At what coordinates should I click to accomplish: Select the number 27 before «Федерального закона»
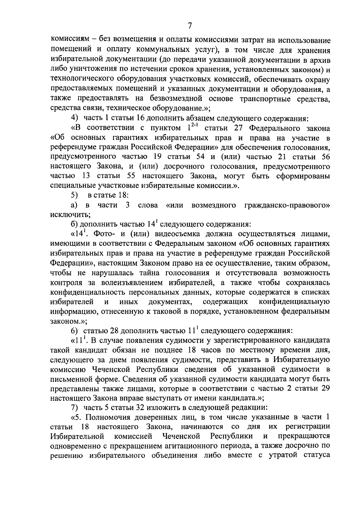(238, 128)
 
